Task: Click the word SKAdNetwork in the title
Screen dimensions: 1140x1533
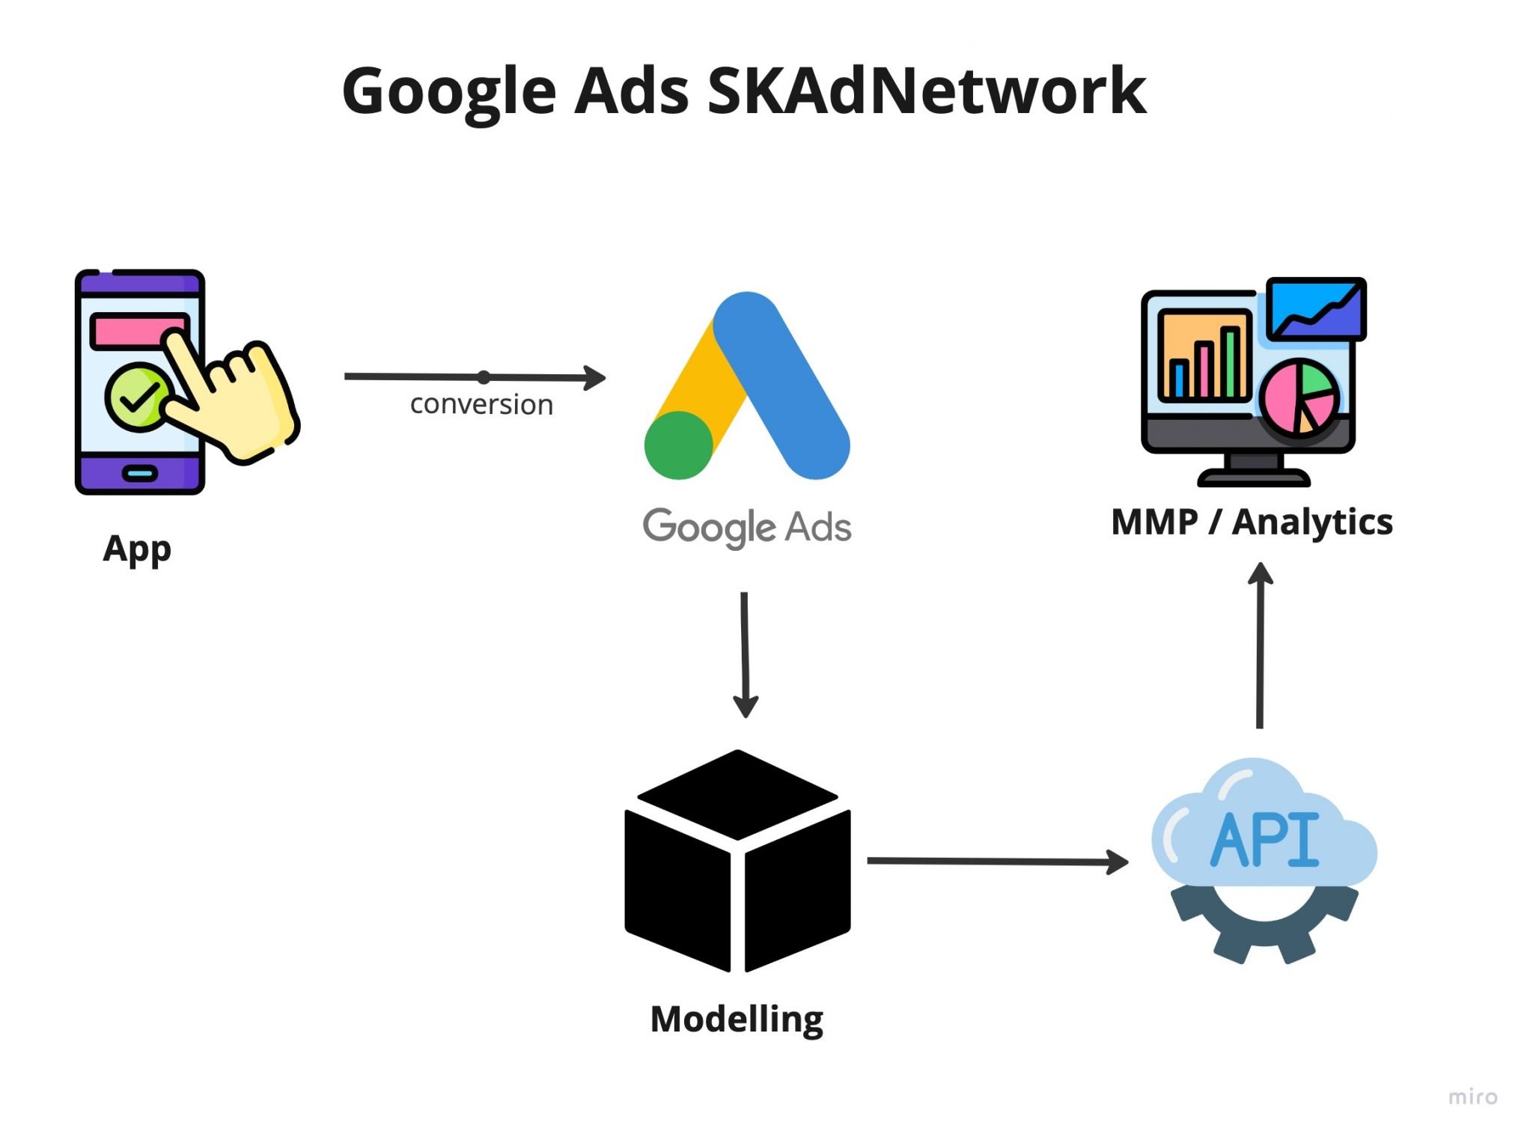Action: pos(926,91)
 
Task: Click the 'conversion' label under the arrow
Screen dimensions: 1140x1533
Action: pos(481,404)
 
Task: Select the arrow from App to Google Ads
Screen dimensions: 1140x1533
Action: pos(474,377)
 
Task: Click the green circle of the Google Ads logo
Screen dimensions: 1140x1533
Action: pos(678,445)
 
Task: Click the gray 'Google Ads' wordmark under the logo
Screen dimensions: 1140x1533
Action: pos(746,527)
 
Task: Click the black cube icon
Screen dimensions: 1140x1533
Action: pos(737,861)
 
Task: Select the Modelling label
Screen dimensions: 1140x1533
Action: pos(737,1019)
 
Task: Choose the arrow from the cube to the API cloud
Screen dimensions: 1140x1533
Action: pos(996,862)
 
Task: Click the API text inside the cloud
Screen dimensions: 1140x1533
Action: pos(1264,841)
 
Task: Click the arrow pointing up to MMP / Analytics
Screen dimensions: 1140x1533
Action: pos(1261,644)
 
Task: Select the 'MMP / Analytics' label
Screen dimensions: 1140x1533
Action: pos(1252,522)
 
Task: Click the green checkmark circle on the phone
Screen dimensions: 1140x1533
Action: pos(137,397)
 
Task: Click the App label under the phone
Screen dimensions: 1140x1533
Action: pos(137,549)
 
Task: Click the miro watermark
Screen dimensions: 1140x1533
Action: pos(1472,1097)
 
